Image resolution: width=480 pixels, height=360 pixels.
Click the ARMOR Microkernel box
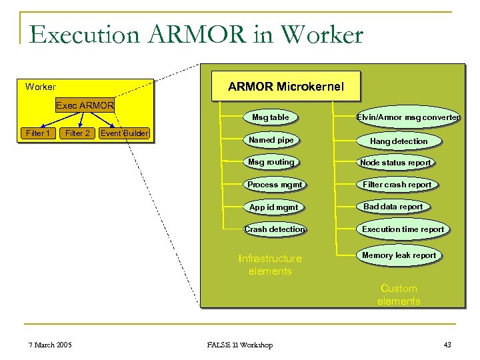(286, 87)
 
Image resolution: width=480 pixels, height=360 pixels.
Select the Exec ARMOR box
(85, 105)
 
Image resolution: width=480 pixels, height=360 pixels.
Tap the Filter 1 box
(38, 133)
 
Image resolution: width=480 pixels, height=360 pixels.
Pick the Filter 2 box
(77, 133)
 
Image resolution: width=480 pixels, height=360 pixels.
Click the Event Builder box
(124, 133)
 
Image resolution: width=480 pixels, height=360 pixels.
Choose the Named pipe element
(271, 140)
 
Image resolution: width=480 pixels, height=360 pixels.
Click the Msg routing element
(271, 162)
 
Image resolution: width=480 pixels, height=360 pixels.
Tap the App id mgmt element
(273, 207)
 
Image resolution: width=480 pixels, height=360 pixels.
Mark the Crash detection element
(275, 229)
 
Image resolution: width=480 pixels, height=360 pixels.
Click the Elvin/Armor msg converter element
(408, 118)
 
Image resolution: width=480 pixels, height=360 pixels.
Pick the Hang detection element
(399, 141)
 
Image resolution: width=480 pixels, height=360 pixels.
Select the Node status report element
(395, 163)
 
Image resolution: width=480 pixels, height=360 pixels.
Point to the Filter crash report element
(397, 185)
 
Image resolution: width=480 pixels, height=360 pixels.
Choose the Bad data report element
(393, 207)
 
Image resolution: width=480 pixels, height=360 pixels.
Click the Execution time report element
(403, 229)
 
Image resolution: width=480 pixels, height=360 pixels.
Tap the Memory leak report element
(399, 255)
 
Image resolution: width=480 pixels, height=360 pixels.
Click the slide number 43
(447, 345)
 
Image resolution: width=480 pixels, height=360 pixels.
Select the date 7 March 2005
(51, 345)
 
